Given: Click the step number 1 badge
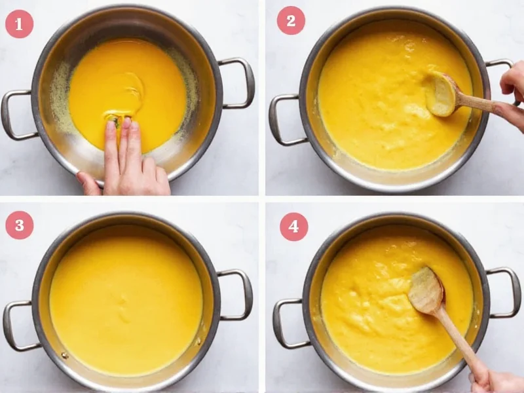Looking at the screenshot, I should coord(19,24).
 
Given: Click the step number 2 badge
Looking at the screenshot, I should coord(290,21).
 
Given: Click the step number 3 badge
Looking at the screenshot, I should coord(19,225).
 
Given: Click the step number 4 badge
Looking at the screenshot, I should coord(293,227).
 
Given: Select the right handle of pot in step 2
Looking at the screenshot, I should coord(502,65).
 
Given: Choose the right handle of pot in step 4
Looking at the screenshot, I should coord(508,291).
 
